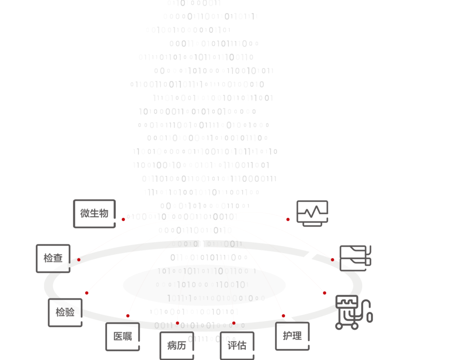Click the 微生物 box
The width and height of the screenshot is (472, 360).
(x=94, y=213)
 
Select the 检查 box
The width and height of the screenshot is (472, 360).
(x=53, y=258)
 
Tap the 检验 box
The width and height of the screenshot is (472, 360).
(x=65, y=312)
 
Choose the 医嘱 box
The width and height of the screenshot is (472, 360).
(x=122, y=336)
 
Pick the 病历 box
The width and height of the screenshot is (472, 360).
(x=177, y=345)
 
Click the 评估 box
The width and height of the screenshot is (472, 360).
(x=237, y=345)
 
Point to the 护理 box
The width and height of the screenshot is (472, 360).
(x=292, y=336)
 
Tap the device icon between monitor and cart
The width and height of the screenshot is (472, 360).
(x=355, y=258)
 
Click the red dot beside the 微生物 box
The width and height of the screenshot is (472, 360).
(x=123, y=219)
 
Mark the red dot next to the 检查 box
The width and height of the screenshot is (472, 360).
(x=79, y=260)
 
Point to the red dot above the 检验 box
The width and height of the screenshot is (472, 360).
(x=87, y=293)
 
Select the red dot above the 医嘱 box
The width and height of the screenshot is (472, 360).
(x=128, y=316)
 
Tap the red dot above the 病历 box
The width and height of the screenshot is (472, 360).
(x=177, y=323)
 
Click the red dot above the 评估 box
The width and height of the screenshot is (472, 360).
(x=234, y=323)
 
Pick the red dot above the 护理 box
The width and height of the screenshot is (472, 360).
(x=283, y=316)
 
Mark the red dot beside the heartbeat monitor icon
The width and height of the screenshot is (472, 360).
(x=288, y=219)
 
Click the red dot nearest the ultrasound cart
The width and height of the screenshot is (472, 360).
(x=324, y=293)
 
